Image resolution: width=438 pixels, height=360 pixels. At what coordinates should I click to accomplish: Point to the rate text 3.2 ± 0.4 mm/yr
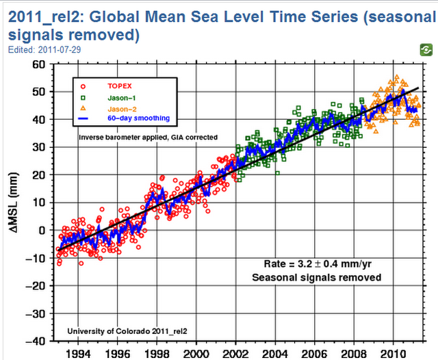tap(316, 264)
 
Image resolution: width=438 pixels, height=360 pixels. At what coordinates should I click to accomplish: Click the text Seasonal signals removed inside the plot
tap(316, 277)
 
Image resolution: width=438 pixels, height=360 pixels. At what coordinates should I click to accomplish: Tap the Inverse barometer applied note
tap(148, 137)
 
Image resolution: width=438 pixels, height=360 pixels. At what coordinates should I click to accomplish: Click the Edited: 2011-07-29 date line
tap(34, 49)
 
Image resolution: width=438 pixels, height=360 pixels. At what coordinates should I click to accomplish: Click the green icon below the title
tap(425, 49)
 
